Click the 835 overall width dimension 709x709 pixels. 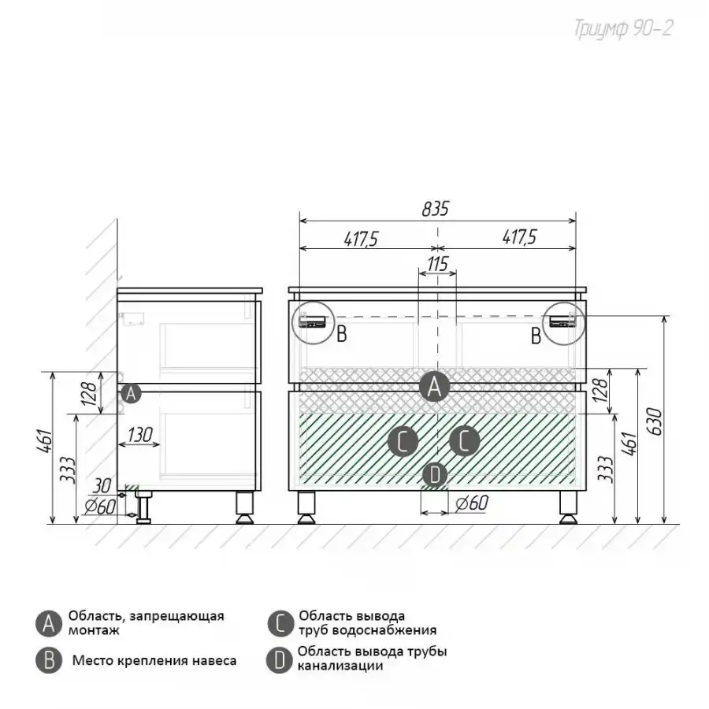click(436, 210)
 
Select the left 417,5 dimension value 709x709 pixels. click(361, 239)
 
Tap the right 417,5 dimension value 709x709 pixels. click(519, 237)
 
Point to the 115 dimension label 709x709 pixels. click(437, 264)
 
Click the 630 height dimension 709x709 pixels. click(655, 422)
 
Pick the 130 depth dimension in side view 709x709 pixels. click(139, 435)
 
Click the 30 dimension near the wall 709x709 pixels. click(102, 486)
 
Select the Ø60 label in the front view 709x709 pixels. click(472, 503)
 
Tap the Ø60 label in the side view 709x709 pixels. click(100, 507)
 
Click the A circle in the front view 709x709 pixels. click(435, 387)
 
